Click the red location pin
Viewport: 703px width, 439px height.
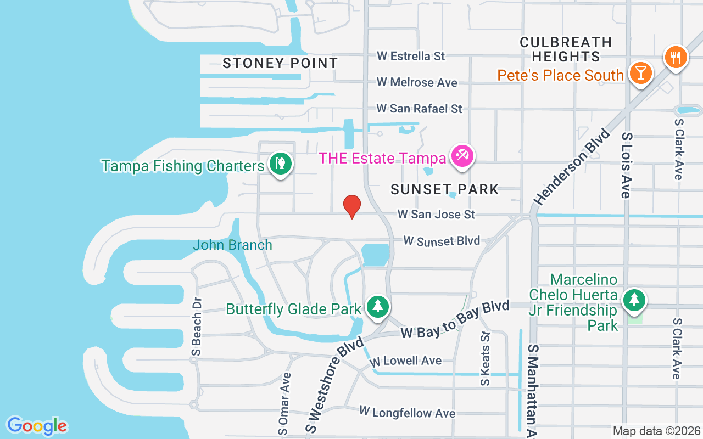351,206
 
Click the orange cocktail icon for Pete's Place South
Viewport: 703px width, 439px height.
640,72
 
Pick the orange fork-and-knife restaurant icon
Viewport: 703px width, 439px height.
676,57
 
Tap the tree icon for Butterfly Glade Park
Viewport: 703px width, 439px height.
377,306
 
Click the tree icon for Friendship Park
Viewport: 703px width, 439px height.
634,300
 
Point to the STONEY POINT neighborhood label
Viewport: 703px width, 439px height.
280,63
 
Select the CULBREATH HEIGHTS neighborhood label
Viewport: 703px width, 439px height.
566,49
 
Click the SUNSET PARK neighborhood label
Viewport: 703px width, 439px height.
445,190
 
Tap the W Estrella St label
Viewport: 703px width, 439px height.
411,56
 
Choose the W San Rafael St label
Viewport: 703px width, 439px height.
419,109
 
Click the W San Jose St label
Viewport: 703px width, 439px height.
437,214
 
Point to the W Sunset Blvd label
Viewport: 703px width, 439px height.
442,241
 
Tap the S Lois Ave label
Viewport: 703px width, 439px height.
627,165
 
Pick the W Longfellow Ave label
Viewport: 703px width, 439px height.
407,412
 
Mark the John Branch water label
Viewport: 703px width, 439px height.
232,245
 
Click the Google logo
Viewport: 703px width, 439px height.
37,426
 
